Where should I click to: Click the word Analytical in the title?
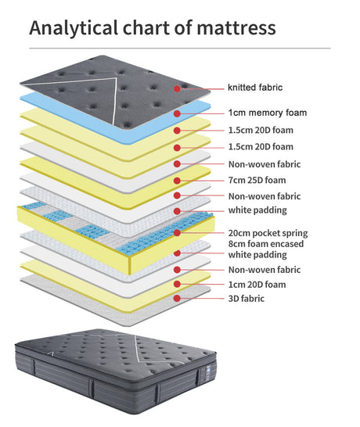[x=74, y=29]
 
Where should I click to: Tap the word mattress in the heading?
[x=236, y=28]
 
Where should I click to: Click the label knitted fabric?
[x=255, y=88]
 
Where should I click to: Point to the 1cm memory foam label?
[x=268, y=113]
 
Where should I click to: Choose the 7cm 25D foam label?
[x=257, y=180]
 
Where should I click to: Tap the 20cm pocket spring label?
[x=268, y=233]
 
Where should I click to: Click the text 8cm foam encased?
[x=266, y=244]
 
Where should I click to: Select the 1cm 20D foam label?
[x=257, y=285]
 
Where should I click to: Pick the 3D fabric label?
[x=246, y=299]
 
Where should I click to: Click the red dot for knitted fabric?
[x=177, y=88]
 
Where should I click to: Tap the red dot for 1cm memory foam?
[x=177, y=113]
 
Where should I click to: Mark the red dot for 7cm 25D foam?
[x=177, y=181]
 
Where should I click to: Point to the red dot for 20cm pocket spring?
[x=177, y=232]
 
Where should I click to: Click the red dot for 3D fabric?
[x=177, y=298]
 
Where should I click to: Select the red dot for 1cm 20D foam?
[x=177, y=284]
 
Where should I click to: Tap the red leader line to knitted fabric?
[x=202, y=88]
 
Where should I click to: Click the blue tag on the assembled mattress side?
[x=208, y=370]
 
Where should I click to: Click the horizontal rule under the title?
[x=180, y=48]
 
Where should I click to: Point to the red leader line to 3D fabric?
[x=202, y=299]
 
